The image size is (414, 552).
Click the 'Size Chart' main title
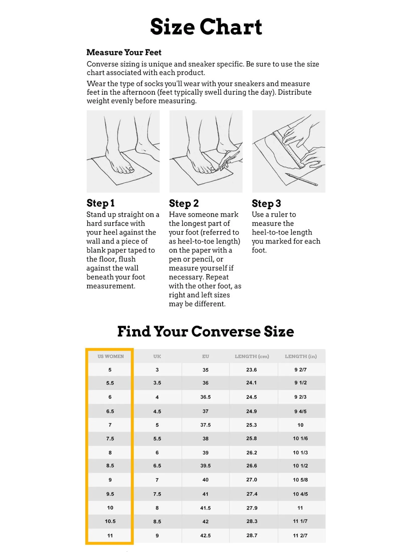[206, 27]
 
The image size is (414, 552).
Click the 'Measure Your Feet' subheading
[124, 52]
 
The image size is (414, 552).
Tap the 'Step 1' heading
[100, 203]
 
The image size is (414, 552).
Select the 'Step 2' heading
[184, 203]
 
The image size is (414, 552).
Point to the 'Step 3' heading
[266, 203]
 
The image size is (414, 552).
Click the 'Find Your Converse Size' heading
[206, 331]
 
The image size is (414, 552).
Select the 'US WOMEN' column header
[111, 356]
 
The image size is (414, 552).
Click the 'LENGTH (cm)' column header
[252, 356]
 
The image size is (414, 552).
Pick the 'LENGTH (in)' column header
[301, 356]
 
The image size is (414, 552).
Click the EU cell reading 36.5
[205, 397]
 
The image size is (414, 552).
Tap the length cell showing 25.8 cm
[252, 438]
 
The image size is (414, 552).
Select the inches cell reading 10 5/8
[300, 480]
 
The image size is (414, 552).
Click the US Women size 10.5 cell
[110, 521]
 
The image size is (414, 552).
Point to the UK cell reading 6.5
[157, 466]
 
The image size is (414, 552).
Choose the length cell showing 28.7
[252, 535]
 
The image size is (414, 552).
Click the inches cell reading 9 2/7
[301, 370]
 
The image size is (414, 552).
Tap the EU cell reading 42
[205, 521]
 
